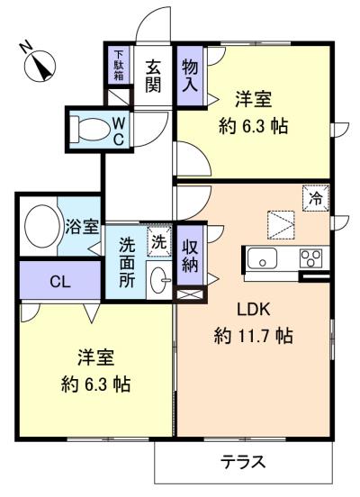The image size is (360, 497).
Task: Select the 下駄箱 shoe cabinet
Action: [x=119, y=65]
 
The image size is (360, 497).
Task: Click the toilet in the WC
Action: [x=90, y=130]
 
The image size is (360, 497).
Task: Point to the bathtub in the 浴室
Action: [x=42, y=226]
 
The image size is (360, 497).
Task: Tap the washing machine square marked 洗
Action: [x=159, y=241]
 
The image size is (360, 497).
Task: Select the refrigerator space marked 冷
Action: [x=316, y=199]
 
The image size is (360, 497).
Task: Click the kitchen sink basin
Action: [x=262, y=258]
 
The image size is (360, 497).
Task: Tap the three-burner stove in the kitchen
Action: [x=310, y=258]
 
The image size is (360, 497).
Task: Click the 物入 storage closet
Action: [x=190, y=76]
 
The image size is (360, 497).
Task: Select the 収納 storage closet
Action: [x=190, y=255]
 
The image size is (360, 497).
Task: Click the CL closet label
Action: [x=60, y=282]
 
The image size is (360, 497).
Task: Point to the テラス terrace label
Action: [x=243, y=462]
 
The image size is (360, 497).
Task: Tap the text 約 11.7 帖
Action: [x=253, y=336]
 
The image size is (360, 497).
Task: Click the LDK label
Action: [x=254, y=310]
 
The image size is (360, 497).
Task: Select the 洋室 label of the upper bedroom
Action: [x=253, y=99]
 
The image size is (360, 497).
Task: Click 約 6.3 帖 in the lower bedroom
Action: [x=95, y=384]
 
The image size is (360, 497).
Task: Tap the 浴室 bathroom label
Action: [x=82, y=227]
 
